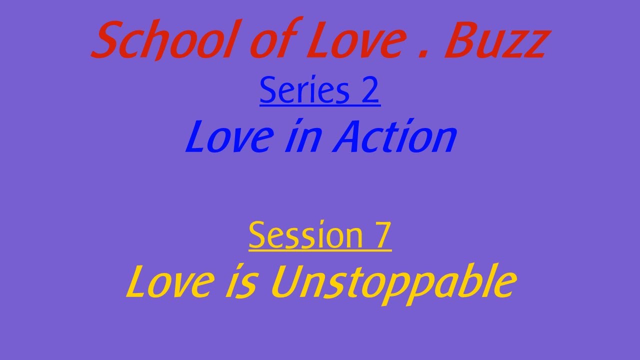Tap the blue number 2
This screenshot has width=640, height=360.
pos(369,90)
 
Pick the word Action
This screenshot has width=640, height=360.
pos(395,137)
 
